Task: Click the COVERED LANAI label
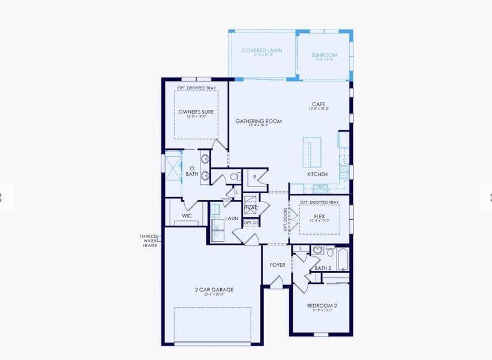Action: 262,50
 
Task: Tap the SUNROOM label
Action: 324,55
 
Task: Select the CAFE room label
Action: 319,104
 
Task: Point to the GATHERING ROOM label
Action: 258,121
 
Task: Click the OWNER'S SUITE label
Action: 196,112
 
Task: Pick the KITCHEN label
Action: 317,174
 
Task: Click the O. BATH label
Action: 192,172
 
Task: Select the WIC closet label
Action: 187,215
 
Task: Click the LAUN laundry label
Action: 232,218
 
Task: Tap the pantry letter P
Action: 254,178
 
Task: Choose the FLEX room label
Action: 319,217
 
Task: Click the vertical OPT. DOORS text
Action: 286,220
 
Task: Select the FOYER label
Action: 277,265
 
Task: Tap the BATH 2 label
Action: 323,268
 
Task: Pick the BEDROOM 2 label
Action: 322,305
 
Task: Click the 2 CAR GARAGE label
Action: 214,290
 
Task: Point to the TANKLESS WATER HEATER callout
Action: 149,241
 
